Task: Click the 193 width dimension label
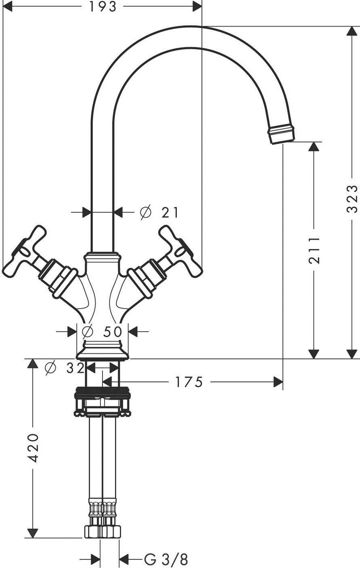coord(103,6)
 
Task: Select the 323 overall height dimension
coord(352,199)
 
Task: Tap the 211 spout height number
coord(314,250)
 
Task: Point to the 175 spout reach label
coord(189,382)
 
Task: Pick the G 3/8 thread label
coord(166,559)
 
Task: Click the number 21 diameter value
coord(170,212)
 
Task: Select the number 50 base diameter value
coord(113,332)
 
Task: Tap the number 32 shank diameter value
coord(75,368)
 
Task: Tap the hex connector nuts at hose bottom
coord(103,531)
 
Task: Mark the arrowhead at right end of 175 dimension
coord(278,382)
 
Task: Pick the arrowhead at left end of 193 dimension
coord(7,6)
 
